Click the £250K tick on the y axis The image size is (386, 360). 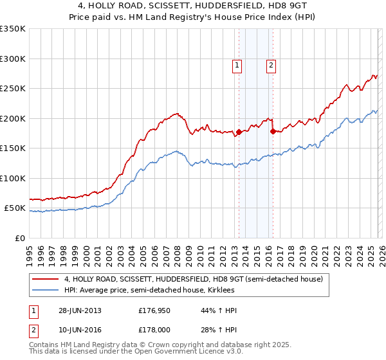tap(13, 89)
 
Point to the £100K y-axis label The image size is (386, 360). tap(13, 178)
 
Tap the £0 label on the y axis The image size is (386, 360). tap(18, 238)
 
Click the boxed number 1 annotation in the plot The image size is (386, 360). tap(237, 64)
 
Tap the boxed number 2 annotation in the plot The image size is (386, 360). tap(271, 64)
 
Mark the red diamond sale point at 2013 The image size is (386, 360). tap(239, 132)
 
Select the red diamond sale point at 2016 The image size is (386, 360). tap(273, 132)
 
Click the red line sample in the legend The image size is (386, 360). tap(45, 279)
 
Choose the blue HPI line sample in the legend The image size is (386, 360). tap(45, 290)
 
